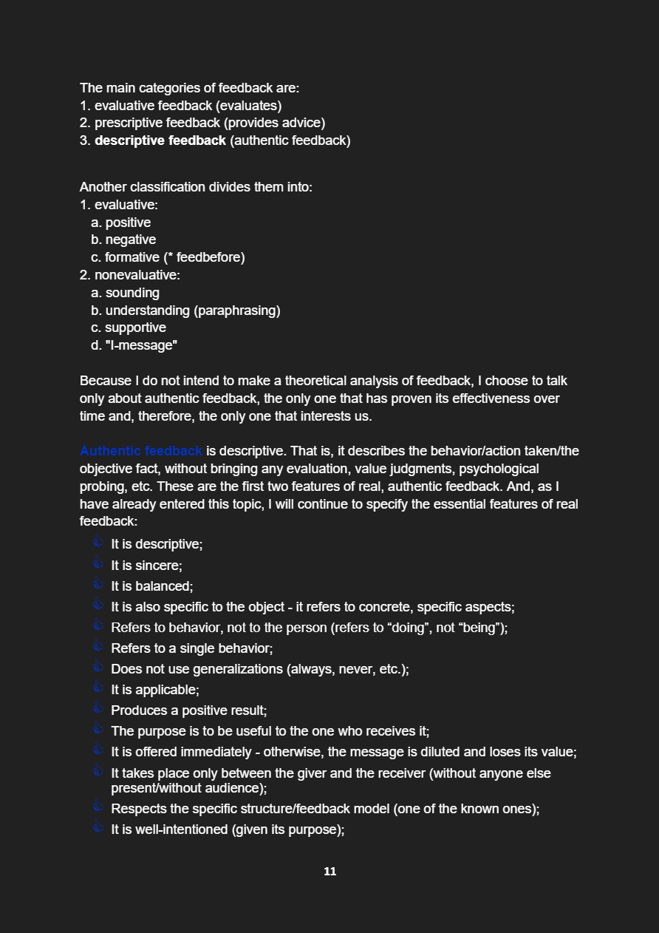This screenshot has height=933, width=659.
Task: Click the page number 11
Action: click(329, 872)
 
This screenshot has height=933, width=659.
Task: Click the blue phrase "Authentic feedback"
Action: click(140, 451)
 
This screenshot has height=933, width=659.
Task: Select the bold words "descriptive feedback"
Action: click(160, 140)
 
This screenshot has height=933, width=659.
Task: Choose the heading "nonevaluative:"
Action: click(137, 275)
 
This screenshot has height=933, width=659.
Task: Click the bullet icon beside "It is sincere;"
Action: click(98, 563)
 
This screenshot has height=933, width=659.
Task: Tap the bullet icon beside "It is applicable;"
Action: click(98, 688)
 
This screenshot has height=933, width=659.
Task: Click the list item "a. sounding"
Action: click(126, 293)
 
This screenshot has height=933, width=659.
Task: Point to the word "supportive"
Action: click(135, 328)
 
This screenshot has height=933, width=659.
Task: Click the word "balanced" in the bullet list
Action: click(163, 586)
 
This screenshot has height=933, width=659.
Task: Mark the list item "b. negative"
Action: click(123, 240)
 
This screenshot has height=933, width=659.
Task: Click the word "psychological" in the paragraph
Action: click(499, 469)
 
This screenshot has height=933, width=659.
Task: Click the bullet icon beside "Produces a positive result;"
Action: click(98, 708)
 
